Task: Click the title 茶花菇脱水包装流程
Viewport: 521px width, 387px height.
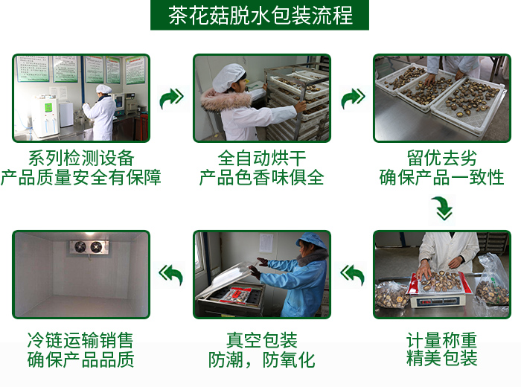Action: tap(260, 16)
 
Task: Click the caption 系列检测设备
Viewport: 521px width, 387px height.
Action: tap(81, 158)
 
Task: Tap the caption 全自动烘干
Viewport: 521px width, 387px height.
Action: tap(262, 158)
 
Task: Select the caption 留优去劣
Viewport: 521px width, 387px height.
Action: tap(442, 158)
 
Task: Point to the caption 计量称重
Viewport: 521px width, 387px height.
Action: tap(441, 340)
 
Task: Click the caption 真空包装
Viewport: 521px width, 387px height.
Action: tap(262, 340)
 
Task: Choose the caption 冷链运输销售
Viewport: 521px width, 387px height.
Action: tap(80, 340)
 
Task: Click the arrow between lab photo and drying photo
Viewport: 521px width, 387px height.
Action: tap(171, 98)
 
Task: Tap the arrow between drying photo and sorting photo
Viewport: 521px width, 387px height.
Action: tap(354, 98)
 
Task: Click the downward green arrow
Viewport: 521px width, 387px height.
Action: tap(443, 208)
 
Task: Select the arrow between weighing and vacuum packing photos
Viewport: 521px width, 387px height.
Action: tap(353, 275)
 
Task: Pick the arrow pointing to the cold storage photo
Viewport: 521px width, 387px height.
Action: tap(171, 275)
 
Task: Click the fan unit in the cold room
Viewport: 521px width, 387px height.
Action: tap(89, 247)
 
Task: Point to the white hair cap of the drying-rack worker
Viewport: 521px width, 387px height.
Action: tap(228, 77)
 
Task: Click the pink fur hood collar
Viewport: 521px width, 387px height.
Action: tap(226, 99)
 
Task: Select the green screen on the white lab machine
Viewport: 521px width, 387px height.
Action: tap(48, 107)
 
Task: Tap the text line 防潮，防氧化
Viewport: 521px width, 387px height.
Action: tap(262, 359)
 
